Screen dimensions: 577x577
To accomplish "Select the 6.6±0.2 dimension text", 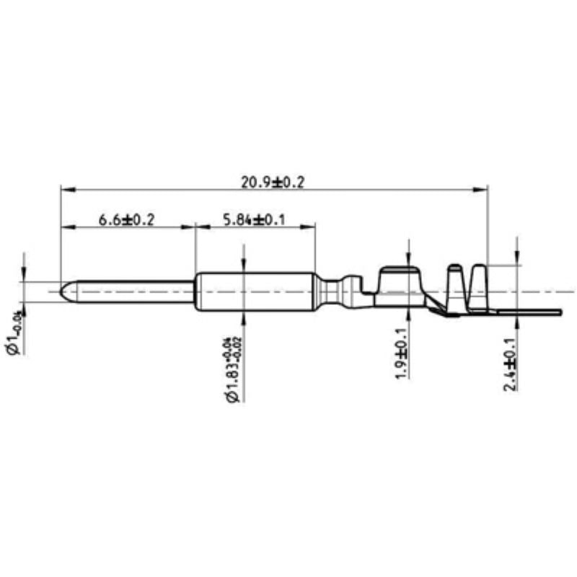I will tap(127, 219).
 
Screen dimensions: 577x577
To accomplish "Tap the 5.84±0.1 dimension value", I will tap(252, 219).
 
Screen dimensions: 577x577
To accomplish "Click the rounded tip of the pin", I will tap(65, 291).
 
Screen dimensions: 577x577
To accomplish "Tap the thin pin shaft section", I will tap(130, 291).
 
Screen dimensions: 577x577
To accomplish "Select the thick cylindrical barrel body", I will tap(256, 291).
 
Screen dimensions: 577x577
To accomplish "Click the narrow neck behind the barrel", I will tap(332, 292).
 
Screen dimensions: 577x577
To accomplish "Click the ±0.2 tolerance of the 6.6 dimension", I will tap(142, 219).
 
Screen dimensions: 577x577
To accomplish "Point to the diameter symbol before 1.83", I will tap(232, 396).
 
